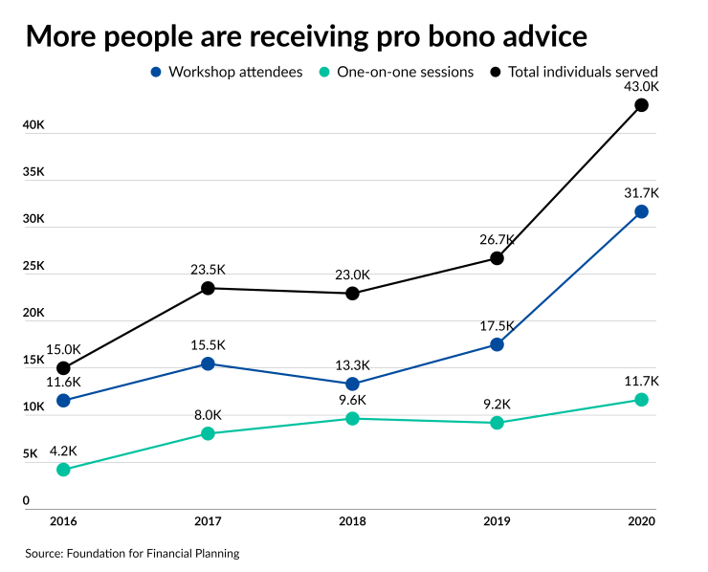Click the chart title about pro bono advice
(306, 36)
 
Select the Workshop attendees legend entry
(227, 72)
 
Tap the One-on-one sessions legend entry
(397, 72)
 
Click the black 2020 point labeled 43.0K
(641, 105)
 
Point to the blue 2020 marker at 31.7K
(641, 211)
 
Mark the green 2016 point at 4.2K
(63, 470)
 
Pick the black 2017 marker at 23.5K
(208, 288)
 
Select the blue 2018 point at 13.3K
(352, 384)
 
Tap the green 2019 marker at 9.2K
(497, 423)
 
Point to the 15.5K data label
(208, 345)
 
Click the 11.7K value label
(641, 381)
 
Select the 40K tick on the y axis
(34, 125)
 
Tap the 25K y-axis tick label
(34, 266)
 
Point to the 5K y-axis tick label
(32, 454)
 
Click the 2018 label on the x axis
(352, 522)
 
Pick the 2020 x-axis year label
(641, 522)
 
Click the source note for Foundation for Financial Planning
(132, 553)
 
